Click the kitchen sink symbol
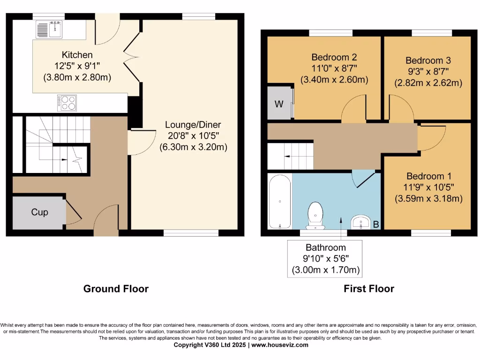(49, 29)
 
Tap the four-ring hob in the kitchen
(67, 103)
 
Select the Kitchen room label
(77, 55)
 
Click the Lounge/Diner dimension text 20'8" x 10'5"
(193, 136)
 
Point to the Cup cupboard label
(39, 212)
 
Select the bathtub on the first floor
(279, 202)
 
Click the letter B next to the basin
(375, 225)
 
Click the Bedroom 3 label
(428, 60)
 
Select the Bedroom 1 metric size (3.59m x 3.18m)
(428, 198)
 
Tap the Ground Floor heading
(116, 289)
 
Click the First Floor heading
(369, 289)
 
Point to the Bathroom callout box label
(326, 247)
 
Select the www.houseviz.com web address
(280, 345)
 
